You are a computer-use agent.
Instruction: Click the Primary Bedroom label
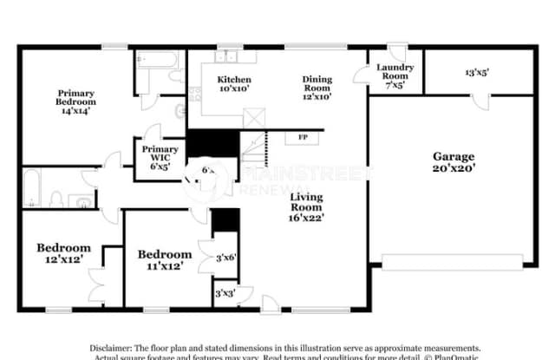[x=75, y=101]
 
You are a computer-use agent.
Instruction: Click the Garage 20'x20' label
[x=454, y=162]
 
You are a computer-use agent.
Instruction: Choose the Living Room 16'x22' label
[x=306, y=207]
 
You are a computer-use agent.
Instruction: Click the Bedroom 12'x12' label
[x=63, y=252]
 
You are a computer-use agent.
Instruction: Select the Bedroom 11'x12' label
[x=165, y=259]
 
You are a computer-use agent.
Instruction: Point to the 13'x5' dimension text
[x=477, y=74]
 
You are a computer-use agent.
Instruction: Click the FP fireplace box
[x=302, y=137]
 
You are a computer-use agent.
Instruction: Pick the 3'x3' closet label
[x=224, y=294]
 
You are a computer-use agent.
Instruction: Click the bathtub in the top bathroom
[x=157, y=61]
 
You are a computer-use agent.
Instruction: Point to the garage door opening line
[x=452, y=259]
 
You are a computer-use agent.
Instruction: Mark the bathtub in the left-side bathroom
[x=30, y=188]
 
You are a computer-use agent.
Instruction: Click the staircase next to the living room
[x=252, y=147]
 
